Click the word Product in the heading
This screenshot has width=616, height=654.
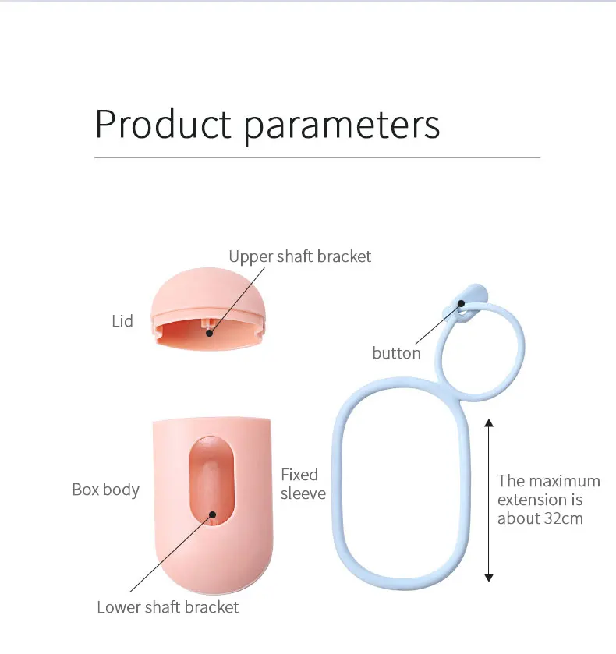163,124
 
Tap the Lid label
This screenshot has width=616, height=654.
122,321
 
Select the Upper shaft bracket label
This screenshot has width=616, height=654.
299,256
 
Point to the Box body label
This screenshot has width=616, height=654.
105,490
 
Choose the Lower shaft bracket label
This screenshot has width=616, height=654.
168,607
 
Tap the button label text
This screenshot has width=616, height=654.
396,353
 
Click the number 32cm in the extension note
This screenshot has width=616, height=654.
562,518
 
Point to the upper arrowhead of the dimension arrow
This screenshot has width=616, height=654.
489,423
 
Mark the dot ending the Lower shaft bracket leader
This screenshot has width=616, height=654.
212,514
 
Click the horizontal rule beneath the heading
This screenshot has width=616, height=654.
317,157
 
